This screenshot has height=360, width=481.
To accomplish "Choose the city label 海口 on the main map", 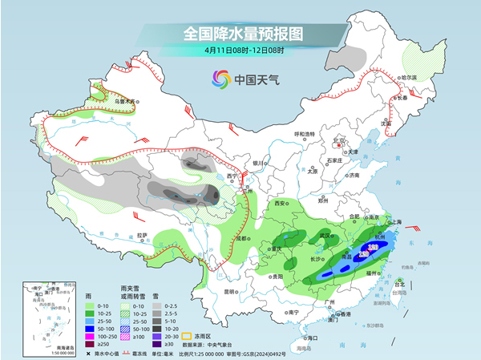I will click(x=313, y=339).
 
